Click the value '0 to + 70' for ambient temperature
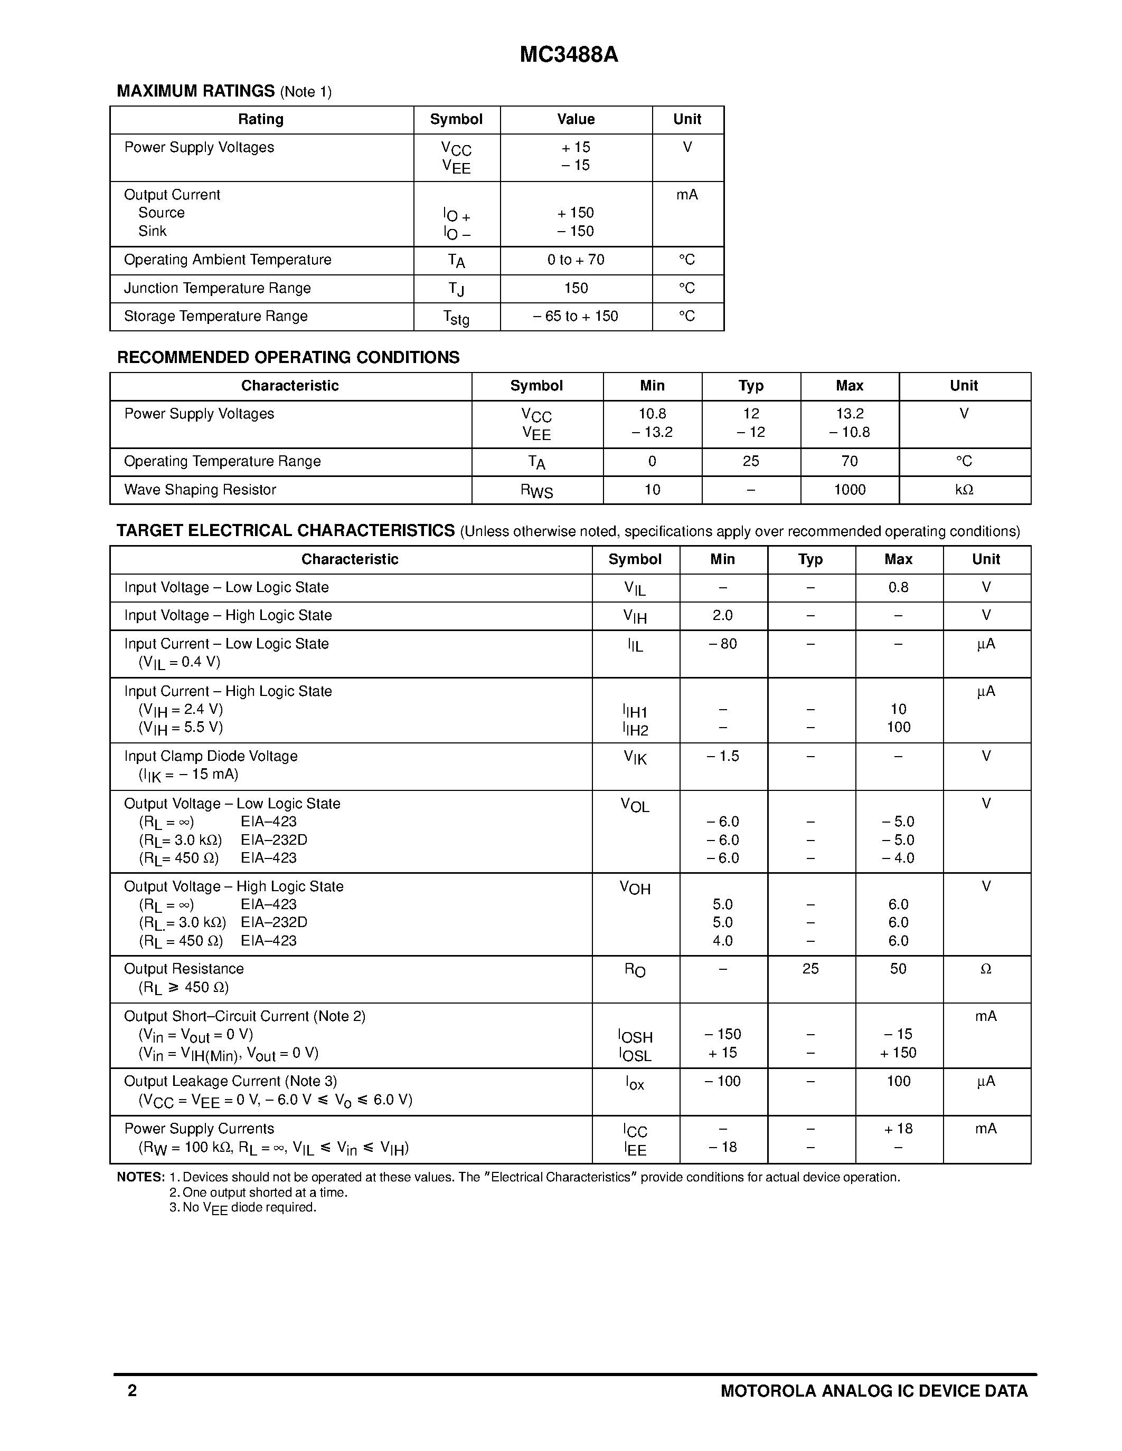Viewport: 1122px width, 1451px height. [576, 260]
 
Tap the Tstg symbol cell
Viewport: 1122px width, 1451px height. [456, 318]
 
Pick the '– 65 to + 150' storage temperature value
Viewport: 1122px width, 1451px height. [576, 316]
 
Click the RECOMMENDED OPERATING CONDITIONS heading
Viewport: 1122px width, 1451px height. [288, 357]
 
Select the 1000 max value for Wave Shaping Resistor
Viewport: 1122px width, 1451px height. [850, 490]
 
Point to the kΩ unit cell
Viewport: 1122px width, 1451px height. [964, 490]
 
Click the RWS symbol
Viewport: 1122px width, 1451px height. [536, 491]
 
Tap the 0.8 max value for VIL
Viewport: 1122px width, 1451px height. [898, 587]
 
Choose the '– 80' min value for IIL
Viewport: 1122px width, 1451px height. [722, 644]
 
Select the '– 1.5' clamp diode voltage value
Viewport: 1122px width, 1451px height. [722, 756]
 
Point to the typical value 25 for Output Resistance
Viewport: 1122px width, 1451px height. [810, 969]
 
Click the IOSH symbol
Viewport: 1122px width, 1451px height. [635, 1036]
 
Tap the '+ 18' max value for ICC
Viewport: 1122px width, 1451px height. [898, 1129]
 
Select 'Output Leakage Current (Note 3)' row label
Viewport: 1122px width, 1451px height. [230, 1081]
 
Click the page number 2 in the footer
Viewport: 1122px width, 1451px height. [133, 1390]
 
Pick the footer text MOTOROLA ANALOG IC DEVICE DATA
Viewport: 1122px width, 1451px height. [874, 1390]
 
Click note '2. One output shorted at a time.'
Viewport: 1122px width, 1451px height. [259, 1192]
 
